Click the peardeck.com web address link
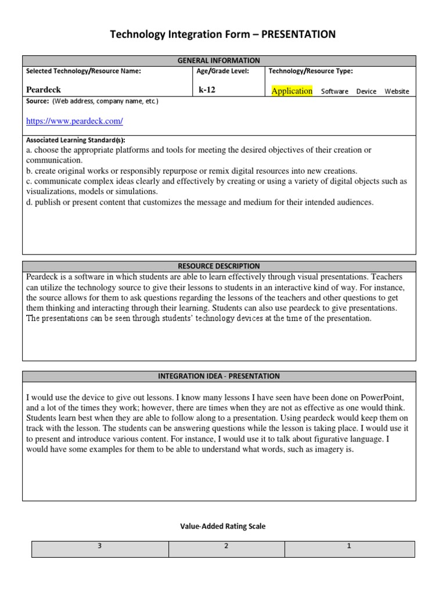tap(74, 121)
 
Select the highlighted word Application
tap(292, 91)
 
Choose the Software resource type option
tap(334, 91)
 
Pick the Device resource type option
tap(366, 91)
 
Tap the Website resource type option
tap(397, 91)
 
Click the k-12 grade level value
tap(207, 90)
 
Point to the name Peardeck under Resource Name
tap(44, 90)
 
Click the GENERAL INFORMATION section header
tap(219, 60)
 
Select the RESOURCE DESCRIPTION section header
tap(219, 266)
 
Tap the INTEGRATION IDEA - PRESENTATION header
tap(219, 376)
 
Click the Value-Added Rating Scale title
tap(223, 526)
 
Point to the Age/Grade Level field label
tap(223, 71)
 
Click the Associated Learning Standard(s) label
tap(75, 140)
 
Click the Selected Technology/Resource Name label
tap(84, 71)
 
